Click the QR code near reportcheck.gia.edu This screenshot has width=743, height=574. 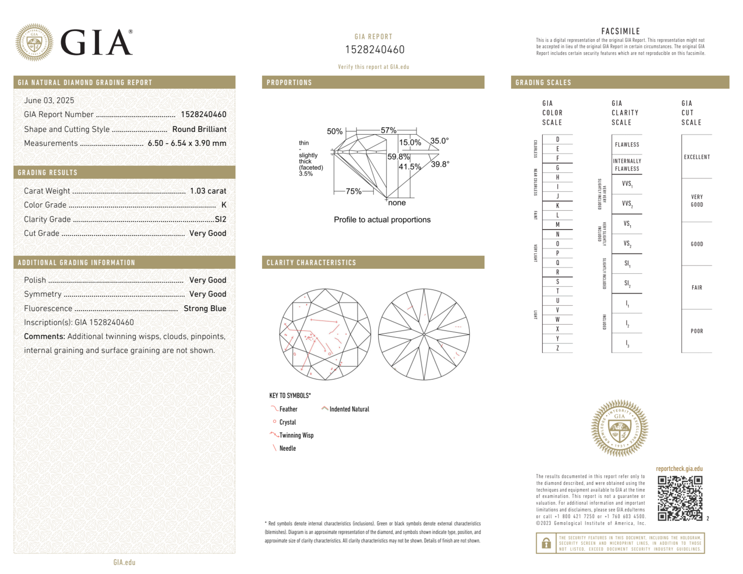680,498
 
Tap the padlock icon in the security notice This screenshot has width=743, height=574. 546,543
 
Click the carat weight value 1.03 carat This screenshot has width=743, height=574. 208,191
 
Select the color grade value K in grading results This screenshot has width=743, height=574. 224,205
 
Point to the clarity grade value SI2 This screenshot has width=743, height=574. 220,219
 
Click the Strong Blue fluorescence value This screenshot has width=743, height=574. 205,308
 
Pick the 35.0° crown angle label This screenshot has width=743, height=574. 439,141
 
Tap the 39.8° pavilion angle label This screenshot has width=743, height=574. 440,164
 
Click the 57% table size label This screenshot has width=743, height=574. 388,130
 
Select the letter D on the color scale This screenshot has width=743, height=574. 557,139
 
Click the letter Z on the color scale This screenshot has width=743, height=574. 557,348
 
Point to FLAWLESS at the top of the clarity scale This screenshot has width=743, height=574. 627,144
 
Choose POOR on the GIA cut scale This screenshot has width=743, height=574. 697,331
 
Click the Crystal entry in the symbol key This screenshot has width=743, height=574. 287,422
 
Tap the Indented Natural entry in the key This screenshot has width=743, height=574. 349,409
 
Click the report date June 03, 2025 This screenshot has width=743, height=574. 49,100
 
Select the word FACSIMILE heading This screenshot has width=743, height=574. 620,31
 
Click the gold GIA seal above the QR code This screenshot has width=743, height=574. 619,428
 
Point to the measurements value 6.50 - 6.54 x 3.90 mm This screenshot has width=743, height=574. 187,143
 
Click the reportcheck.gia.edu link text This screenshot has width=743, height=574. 679,469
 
